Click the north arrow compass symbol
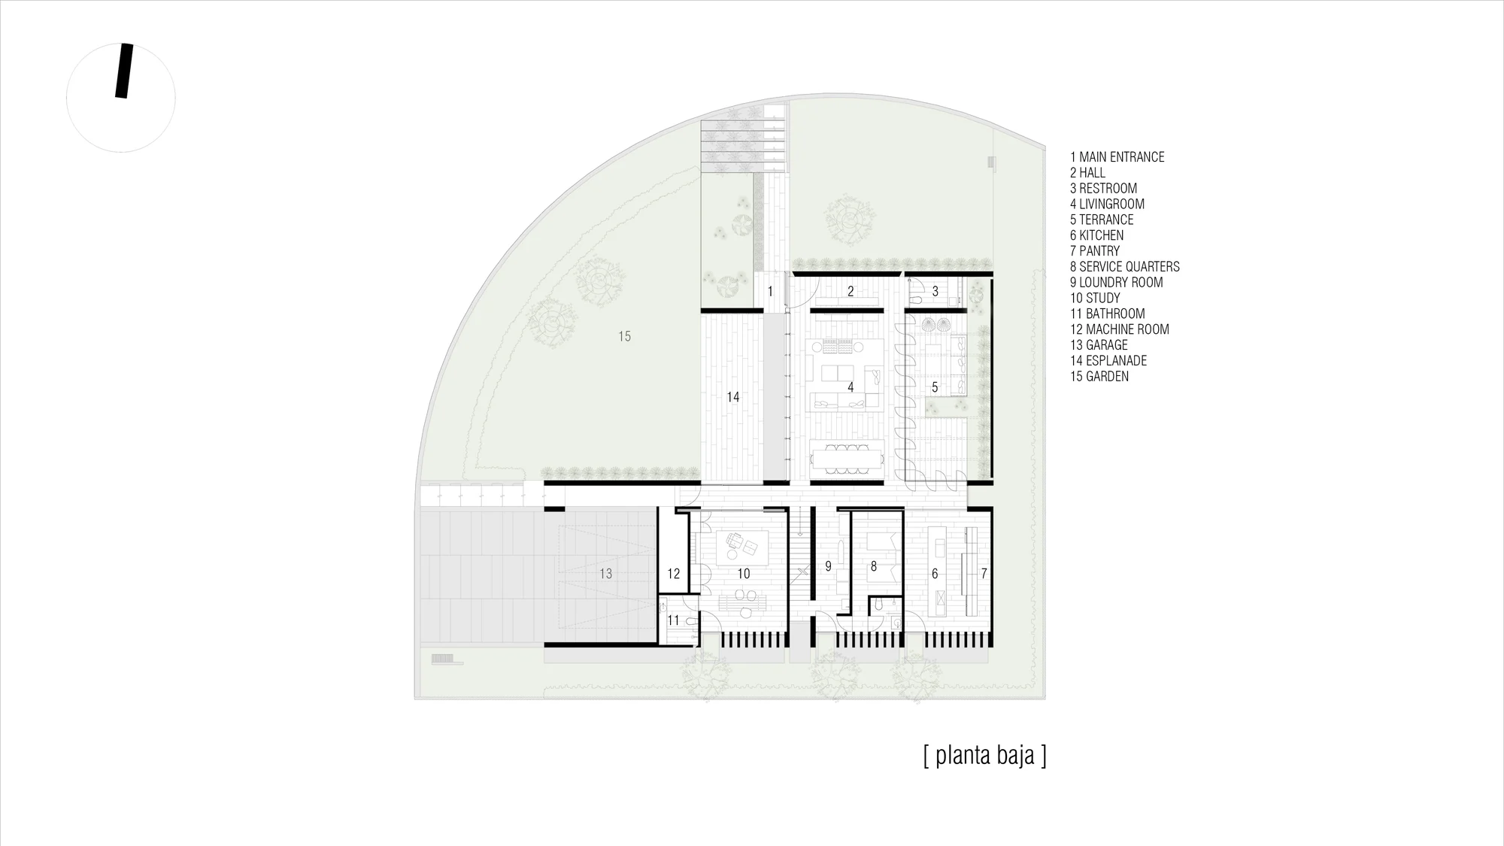coord(121,98)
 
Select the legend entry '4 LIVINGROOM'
coord(1107,204)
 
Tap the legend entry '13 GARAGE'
coord(1099,345)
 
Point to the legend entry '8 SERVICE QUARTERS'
coord(1125,267)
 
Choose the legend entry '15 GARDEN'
coord(1099,377)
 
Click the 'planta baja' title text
coord(984,755)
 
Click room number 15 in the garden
coord(624,336)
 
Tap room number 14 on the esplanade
coord(732,397)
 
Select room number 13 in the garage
coord(605,574)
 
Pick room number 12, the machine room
coord(673,574)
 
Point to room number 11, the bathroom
coord(673,620)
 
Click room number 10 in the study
coord(743,574)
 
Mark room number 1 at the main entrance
coord(770,291)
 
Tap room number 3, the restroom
coord(935,291)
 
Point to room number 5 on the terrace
coord(935,387)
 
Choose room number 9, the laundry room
coord(828,566)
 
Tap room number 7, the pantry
coord(984,574)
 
